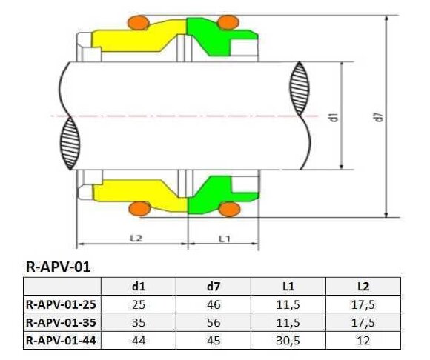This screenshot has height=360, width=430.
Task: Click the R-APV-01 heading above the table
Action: click(58, 267)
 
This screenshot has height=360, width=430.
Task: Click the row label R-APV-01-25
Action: click(60, 304)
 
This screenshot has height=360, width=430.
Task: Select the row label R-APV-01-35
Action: click(60, 322)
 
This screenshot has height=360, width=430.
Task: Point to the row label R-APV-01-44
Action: click(60, 340)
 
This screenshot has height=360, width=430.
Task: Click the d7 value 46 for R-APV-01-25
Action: click(214, 304)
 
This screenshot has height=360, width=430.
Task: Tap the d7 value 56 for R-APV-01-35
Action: click(214, 322)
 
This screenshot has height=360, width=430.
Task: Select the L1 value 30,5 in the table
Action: click(288, 340)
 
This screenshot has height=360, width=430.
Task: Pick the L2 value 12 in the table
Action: click(363, 340)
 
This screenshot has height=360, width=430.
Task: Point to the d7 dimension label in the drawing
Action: click(379, 116)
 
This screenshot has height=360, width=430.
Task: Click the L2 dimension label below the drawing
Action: click(134, 239)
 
